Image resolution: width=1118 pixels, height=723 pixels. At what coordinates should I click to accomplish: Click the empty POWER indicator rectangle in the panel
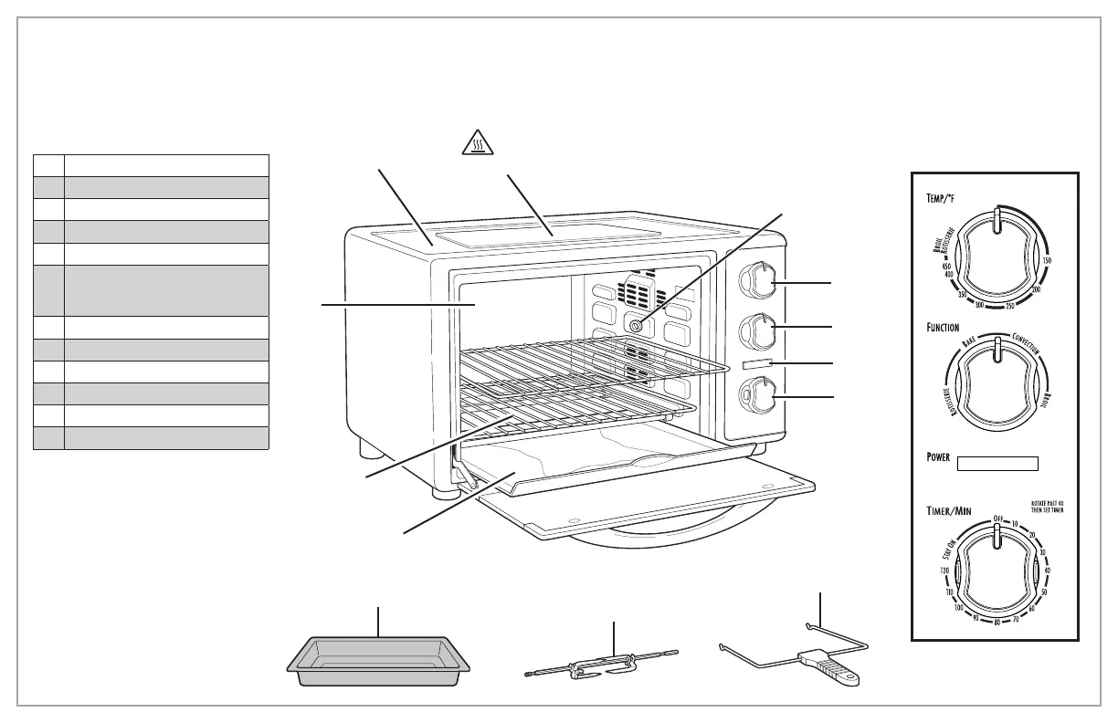point(997,463)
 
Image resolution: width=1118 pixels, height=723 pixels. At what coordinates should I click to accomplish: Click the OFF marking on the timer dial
point(998,519)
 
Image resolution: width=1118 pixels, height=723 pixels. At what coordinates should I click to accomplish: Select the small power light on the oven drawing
point(758,364)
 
